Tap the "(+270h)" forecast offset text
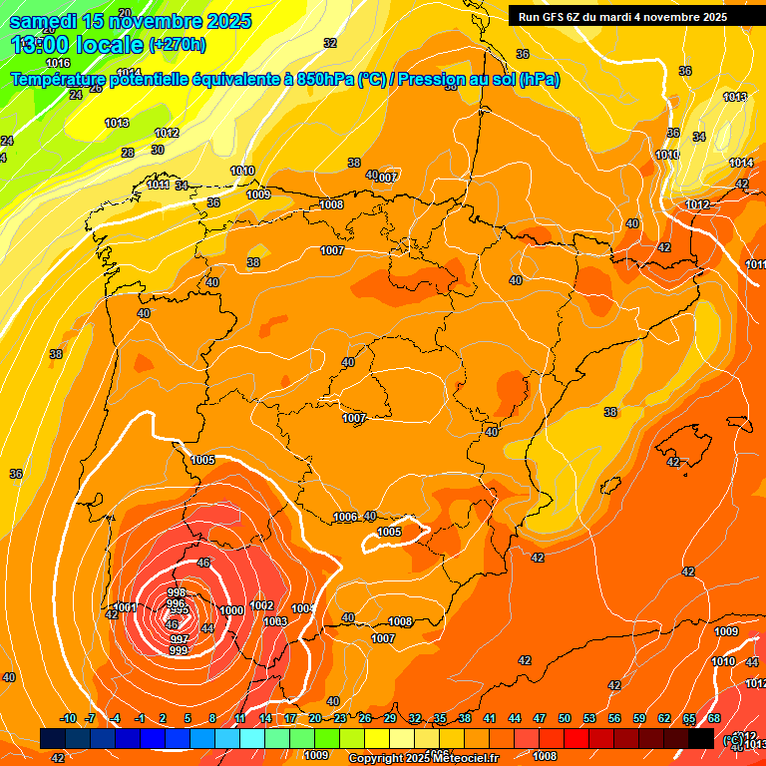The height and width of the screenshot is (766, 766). pyautogui.click(x=178, y=45)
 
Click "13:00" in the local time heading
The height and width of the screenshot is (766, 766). pyautogui.click(x=41, y=45)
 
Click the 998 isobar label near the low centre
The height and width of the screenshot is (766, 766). pyautogui.click(x=177, y=592)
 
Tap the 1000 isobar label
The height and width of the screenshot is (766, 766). pyautogui.click(x=231, y=610)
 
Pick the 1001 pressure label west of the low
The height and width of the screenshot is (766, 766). pyautogui.click(x=125, y=607)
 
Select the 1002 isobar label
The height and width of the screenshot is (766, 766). pyautogui.click(x=261, y=605)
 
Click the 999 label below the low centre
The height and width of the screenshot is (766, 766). pyautogui.click(x=179, y=650)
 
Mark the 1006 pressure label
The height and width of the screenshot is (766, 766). pyautogui.click(x=345, y=517)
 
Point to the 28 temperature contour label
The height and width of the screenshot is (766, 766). pyautogui.click(x=128, y=153)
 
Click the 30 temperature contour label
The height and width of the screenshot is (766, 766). pyautogui.click(x=158, y=150)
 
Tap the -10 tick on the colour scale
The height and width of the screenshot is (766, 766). pyautogui.click(x=68, y=718)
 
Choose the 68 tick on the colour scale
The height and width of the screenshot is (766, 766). pyautogui.click(x=714, y=718)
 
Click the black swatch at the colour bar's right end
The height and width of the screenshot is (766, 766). pyautogui.click(x=701, y=738)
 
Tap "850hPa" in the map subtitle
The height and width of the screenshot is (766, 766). pyautogui.click(x=325, y=80)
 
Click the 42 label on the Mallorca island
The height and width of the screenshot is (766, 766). pyautogui.click(x=673, y=462)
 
